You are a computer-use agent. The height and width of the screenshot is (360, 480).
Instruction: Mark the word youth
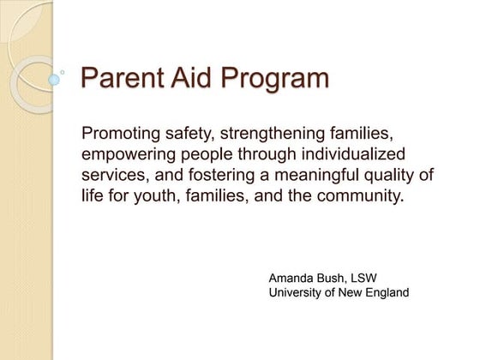click(153, 197)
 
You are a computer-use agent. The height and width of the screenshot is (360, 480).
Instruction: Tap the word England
click(385, 293)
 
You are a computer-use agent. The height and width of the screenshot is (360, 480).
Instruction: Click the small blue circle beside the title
click(54, 80)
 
